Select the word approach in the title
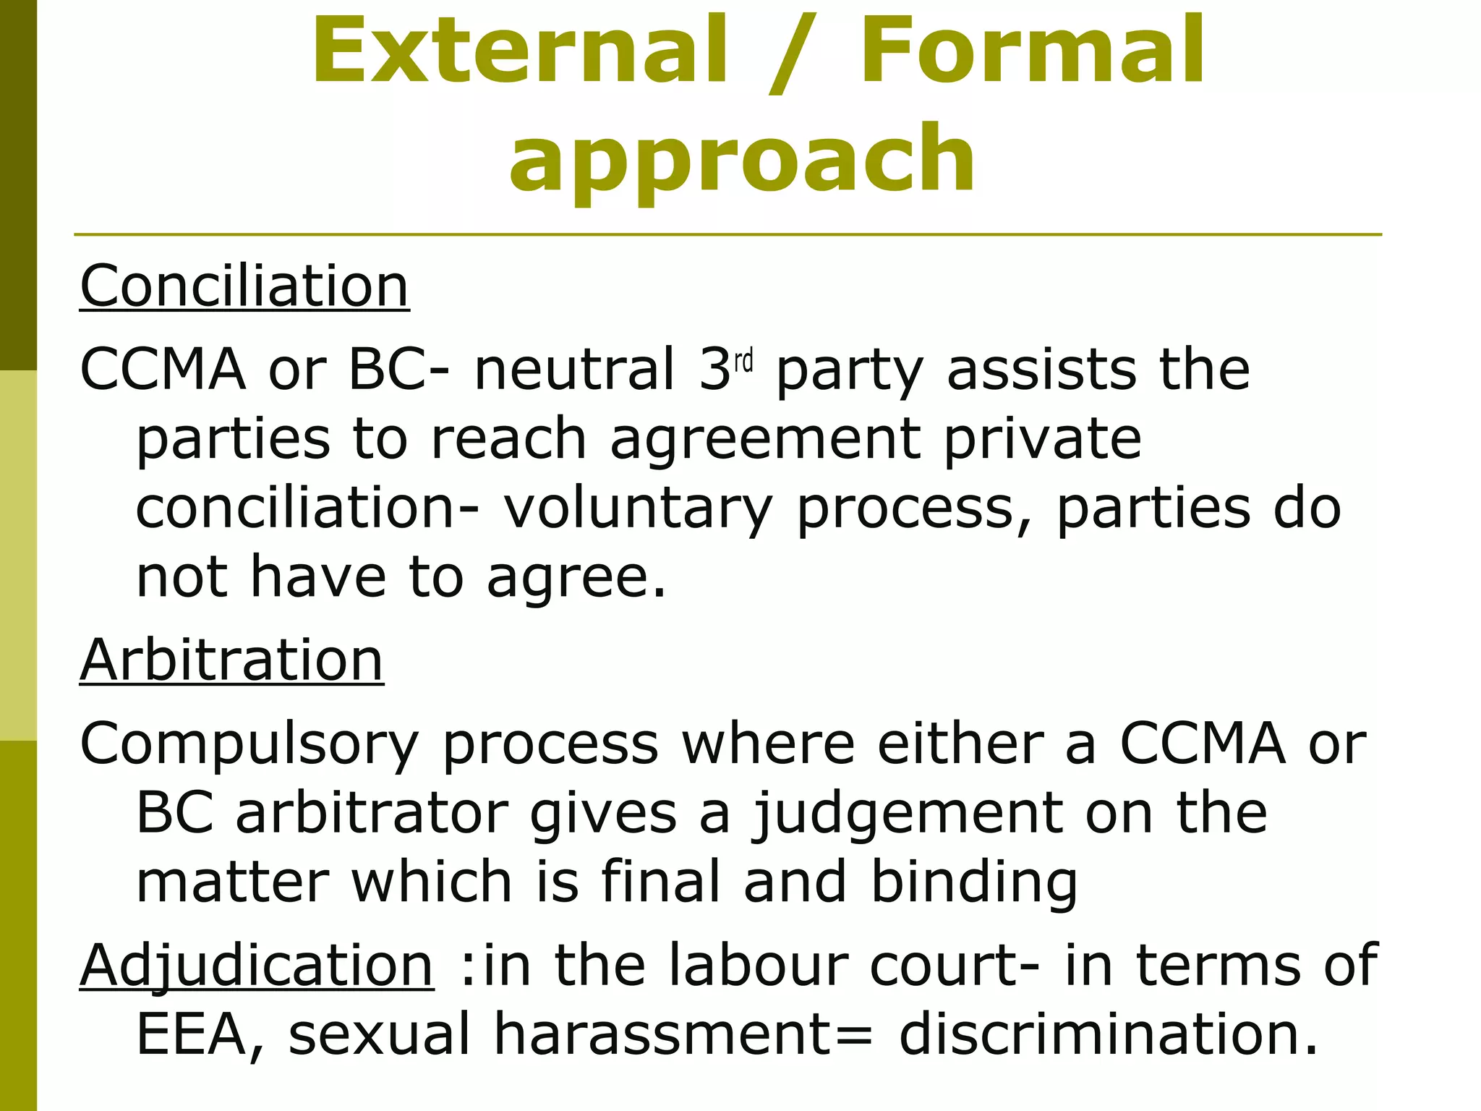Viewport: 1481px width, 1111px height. point(743,159)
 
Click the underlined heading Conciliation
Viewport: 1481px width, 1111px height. point(244,286)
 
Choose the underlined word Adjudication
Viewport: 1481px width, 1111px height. point(257,965)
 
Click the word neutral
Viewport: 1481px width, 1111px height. point(574,369)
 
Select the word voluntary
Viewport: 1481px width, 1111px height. point(638,509)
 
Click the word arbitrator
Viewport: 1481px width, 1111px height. point(372,813)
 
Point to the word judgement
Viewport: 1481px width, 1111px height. point(907,814)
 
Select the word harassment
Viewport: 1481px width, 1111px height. point(664,1034)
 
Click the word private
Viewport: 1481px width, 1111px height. point(1043,440)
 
